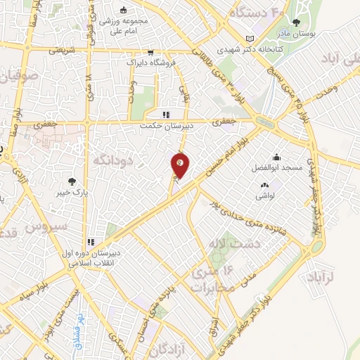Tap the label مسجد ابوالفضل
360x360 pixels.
(x=275, y=169)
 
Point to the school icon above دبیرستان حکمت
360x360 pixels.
(x=166, y=115)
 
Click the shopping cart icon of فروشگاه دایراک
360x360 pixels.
(x=150, y=53)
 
